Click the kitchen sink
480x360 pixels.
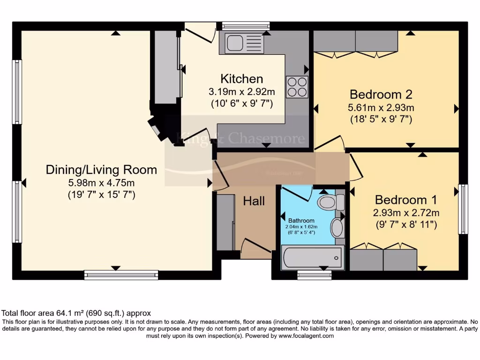240,43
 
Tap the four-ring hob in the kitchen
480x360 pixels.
297,87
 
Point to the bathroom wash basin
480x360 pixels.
337,228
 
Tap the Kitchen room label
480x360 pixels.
242,79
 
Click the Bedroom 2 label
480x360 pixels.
381,94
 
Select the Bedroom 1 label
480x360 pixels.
406,200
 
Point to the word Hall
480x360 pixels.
254,201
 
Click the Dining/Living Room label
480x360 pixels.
101,169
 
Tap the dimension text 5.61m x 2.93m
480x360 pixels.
381,107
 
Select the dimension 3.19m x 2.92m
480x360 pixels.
242,91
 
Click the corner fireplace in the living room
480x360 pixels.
158,128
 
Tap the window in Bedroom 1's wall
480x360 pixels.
463,209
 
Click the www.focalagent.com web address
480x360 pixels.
306,336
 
